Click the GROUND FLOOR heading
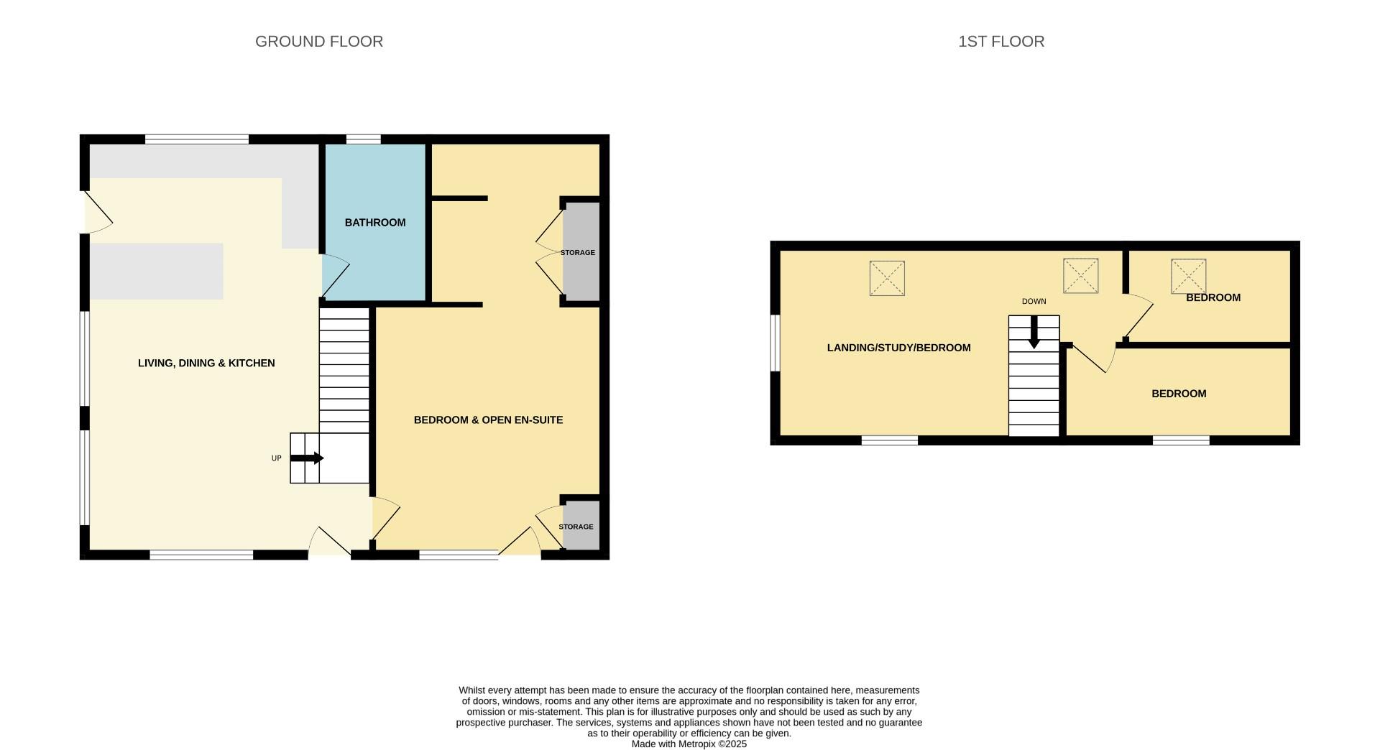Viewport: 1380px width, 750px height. point(318,42)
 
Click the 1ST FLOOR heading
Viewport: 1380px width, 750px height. point(1000,42)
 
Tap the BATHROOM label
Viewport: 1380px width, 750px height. point(374,223)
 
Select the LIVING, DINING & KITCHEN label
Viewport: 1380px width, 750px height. point(206,364)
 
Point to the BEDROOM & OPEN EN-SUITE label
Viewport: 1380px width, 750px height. point(488,420)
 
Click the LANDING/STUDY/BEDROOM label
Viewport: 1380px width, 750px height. point(898,348)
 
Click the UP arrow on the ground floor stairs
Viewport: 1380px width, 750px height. point(307,458)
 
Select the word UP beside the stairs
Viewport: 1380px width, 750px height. point(276,458)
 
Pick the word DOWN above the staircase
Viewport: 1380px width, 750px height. point(1034,302)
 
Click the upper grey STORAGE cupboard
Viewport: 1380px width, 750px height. point(581,251)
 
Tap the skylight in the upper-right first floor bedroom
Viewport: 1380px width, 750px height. point(1188,277)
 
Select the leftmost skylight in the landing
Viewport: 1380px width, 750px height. point(887,278)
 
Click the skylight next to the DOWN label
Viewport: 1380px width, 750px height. point(1080,276)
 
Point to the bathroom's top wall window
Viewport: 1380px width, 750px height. point(363,139)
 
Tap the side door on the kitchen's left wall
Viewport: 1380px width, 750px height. point(97,213)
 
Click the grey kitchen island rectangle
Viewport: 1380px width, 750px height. point(156,272)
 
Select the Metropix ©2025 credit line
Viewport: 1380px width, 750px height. point(689,744)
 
